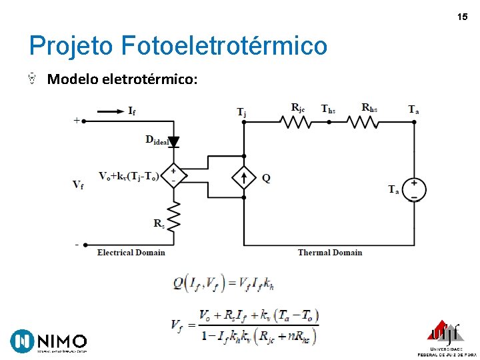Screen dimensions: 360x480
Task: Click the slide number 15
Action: pyautogui.click(x=463, y=16)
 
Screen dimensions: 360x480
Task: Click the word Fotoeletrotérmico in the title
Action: pyautogui.click(x=225, y=46)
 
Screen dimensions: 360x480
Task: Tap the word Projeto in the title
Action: pyautogui.click(x=72, y=46)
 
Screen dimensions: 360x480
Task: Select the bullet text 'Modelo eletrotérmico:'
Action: pyautogui.click(x=122, y=79)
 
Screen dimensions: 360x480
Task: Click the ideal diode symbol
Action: pyautogui.click(x=173, y=142)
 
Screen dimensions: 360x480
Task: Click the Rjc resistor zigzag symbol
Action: pyautogui.click(x=296, y=122)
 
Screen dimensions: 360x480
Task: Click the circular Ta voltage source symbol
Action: pyautogui.click(x=413, y=189)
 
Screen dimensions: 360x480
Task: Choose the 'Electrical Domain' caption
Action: pyautogui.click(x=131, y=253)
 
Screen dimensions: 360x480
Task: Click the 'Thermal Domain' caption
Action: pyautogui.click(x=330, y=253)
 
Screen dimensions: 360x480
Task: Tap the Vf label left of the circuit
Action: pyautogui.click(x=79, y=185)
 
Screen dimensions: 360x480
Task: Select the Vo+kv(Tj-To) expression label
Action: pyautogui.click(x=128, y=177)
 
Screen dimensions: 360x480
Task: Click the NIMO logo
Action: pyautogui.click(x=49, y=341)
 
